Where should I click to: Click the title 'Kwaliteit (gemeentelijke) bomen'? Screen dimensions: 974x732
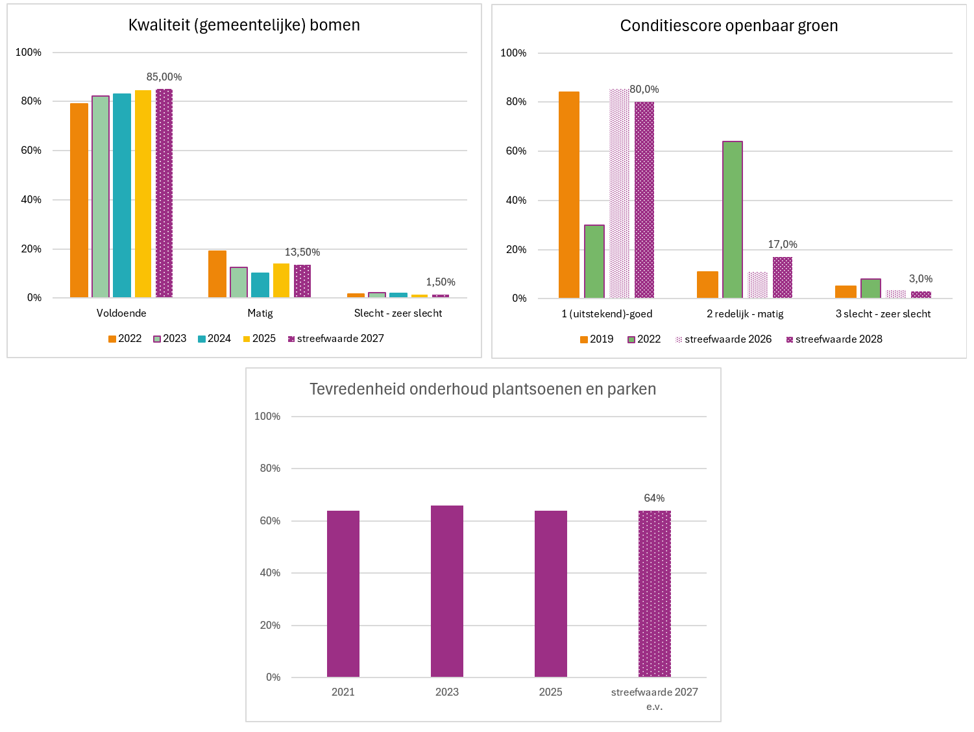pos(244,25)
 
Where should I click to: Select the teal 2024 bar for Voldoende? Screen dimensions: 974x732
pos(122,195)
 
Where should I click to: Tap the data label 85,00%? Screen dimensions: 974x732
pos(164,77)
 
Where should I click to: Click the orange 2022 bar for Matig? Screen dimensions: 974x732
pos(217,274)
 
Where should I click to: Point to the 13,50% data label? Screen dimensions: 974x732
pos(302,252)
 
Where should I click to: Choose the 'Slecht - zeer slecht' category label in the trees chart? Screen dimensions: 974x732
pos(398,313)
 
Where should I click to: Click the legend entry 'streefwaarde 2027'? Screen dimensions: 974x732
pos(336,339)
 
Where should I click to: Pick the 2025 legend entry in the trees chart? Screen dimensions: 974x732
pos(260,339)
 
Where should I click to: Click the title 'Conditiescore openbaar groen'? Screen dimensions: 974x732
pos(729,26)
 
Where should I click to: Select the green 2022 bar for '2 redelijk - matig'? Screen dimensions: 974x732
pos(733,219)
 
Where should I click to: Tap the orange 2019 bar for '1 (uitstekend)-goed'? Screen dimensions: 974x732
pos(569,195)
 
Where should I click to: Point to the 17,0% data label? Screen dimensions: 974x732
pos(783,245)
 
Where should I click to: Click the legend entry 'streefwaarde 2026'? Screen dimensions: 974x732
pos(724,339)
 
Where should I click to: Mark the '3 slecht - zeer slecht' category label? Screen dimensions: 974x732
pos(883,314)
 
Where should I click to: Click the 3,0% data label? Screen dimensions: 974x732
pos(921,279)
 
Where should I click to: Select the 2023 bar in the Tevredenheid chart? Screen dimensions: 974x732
pos(447,591)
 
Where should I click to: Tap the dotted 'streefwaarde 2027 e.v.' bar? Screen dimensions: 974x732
pos(655,594)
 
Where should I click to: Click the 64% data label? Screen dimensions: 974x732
pos(655,498)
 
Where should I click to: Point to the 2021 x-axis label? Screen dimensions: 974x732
pos(343,692)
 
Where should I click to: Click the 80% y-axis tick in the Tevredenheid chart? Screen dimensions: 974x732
pos(270,469)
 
